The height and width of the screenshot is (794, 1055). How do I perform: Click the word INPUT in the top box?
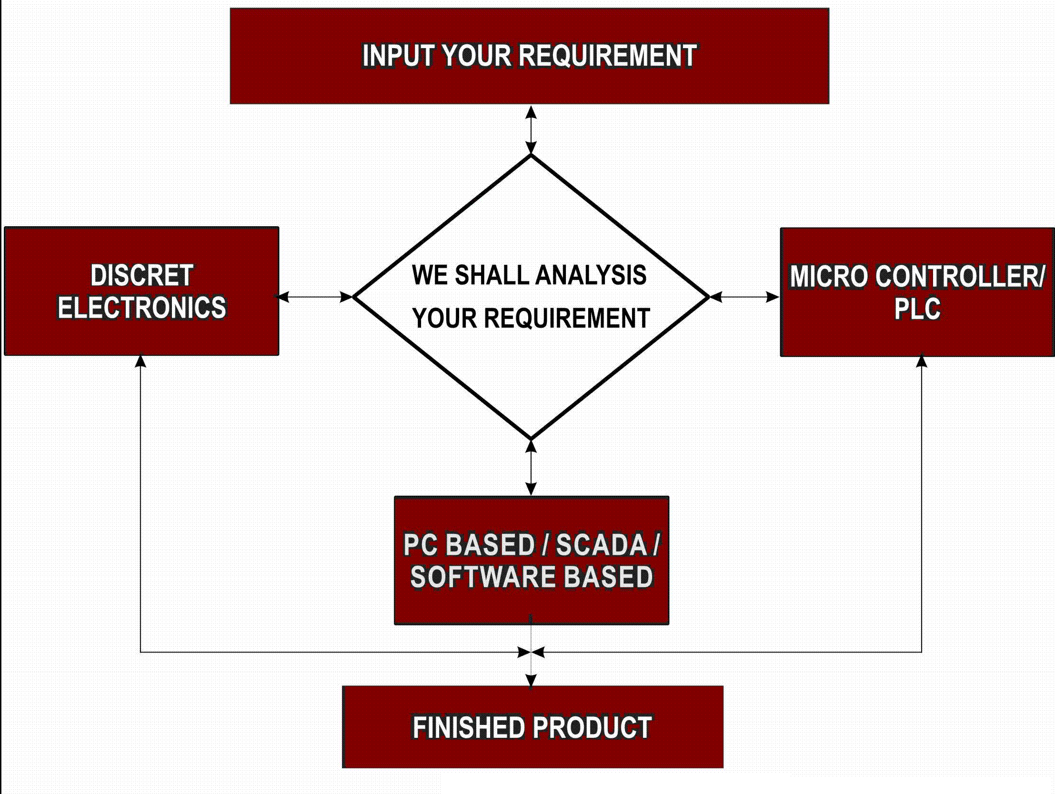398,56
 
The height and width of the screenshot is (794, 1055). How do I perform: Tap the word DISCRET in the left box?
141,276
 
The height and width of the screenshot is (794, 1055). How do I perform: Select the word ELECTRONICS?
141,307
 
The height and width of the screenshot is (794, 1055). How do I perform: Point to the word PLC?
917,309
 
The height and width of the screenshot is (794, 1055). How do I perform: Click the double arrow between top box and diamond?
531,130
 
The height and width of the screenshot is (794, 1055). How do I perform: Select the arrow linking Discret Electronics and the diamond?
315,297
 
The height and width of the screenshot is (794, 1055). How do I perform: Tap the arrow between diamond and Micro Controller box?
744,297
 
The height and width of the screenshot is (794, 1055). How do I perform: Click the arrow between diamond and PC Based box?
531,467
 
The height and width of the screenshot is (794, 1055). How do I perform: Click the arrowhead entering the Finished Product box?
531,681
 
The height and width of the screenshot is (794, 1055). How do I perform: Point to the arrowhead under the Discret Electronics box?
140,361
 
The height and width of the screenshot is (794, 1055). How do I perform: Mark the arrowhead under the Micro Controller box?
922,361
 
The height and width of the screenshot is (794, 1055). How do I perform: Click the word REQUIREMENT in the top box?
607,56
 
